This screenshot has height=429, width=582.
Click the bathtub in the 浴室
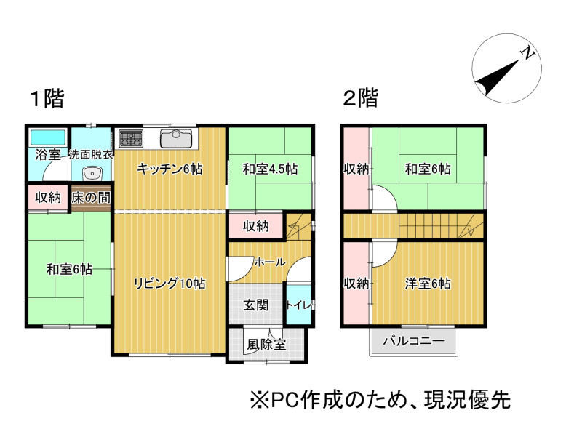coord(48,137)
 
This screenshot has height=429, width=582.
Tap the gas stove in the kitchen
coord(131,138)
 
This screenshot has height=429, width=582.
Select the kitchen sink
coord(176,139)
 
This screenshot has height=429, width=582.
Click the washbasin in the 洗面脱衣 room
coord(92,173)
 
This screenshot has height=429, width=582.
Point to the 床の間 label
coord(91,198)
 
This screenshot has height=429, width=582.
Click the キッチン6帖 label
coord(170,169)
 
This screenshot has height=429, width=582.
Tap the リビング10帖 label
coord(170,284)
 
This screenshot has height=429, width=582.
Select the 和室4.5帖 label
coord(270,169)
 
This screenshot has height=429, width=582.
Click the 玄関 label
coord(256,305)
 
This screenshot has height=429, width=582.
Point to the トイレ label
coord(298,305)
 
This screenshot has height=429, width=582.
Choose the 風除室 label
coord(266,345)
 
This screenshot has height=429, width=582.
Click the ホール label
coord(270,262)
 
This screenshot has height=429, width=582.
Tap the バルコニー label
coord(413,340)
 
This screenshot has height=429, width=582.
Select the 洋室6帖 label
coord(428,284)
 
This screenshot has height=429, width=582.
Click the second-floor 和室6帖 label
coord(428,169)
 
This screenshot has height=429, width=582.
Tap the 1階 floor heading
coord(47,98)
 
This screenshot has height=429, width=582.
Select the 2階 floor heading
coord(361,98)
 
